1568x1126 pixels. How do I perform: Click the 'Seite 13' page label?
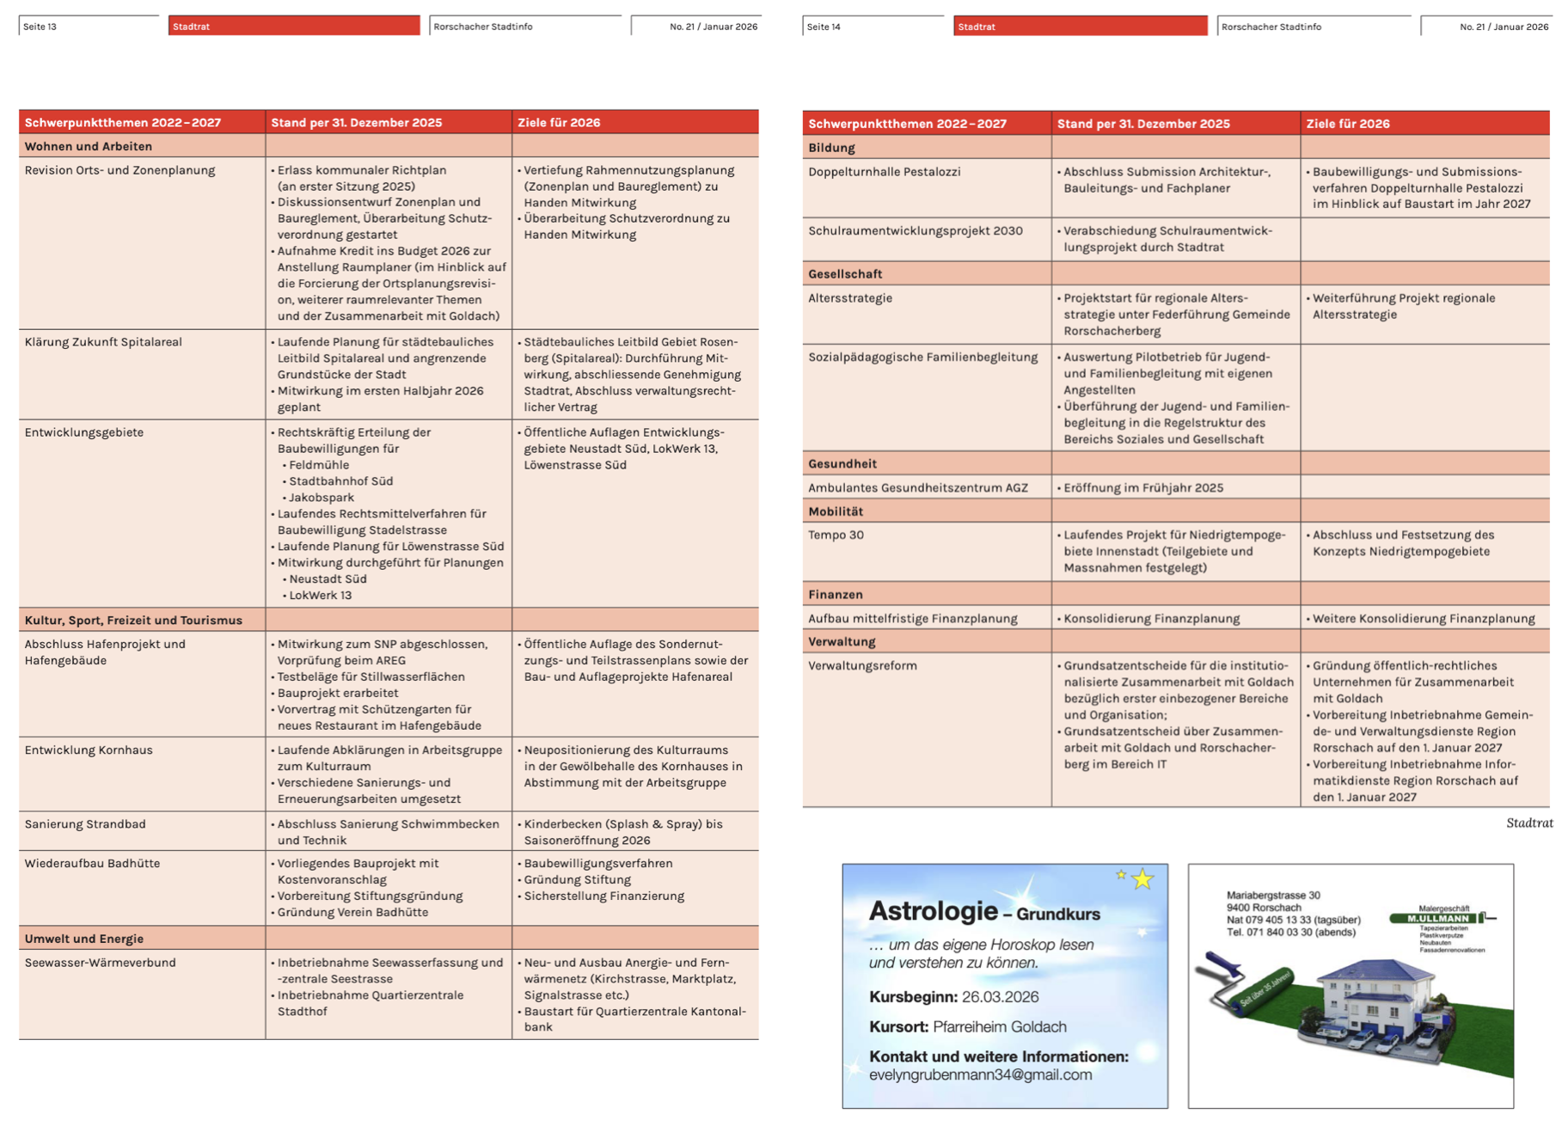(40, 27)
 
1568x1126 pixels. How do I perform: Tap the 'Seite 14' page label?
(824, 27)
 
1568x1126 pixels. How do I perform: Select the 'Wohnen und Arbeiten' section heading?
(88, 146)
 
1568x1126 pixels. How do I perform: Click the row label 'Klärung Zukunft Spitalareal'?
(103, 342)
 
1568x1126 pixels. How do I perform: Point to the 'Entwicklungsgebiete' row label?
(83, 432)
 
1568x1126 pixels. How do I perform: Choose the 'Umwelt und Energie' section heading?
(83, 939)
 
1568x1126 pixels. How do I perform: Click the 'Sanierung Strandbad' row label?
(85, 824)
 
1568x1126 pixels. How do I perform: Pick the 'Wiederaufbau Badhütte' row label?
(92, 864)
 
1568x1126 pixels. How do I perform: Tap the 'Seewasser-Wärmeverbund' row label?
(100, 963)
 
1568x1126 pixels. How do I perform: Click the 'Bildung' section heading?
(831, 148)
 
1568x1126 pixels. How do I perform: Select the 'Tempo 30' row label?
(836, 535)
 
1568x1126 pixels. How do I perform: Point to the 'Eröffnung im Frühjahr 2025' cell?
(1142, 488)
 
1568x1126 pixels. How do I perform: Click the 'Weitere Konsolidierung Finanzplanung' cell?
(1423, 619)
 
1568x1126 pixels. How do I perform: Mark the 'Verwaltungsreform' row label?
(862, 666)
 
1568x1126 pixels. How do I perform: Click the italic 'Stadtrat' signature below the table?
(1528, 823)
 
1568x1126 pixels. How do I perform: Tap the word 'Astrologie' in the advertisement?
(933, 911)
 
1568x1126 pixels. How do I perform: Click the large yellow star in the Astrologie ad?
(1142, 879)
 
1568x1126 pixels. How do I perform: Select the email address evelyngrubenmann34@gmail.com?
(980, 1075)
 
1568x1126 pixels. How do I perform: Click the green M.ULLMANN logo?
(1437, 918)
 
